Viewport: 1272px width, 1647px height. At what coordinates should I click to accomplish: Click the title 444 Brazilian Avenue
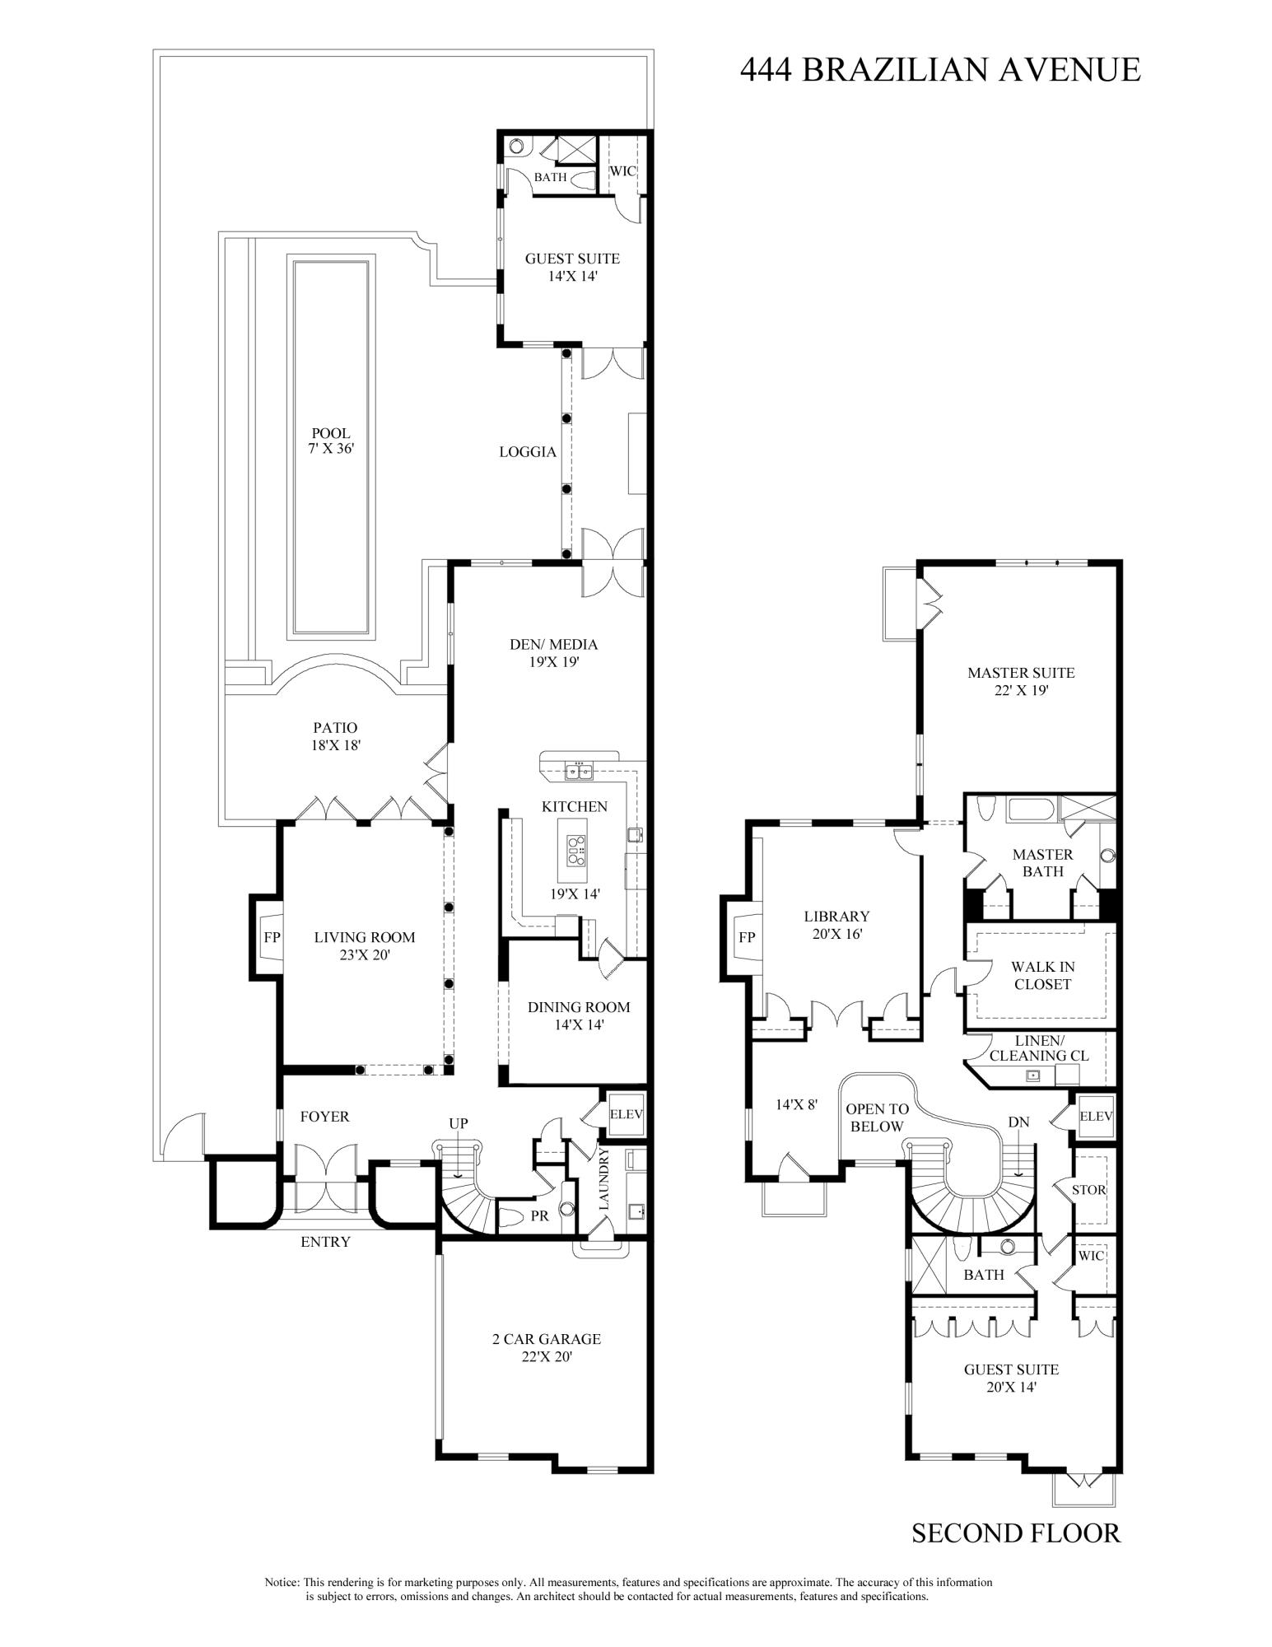click(939, 70)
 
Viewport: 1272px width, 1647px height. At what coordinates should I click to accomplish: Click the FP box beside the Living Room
click(272, 937)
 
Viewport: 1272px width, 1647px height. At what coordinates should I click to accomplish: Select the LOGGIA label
click(528, 452)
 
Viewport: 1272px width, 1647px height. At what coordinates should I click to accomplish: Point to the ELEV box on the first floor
click(626, 1113)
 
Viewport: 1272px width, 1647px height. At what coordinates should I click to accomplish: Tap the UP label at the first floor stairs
click(459, 1123)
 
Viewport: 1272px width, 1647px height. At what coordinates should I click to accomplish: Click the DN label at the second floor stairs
click(1018, 1122)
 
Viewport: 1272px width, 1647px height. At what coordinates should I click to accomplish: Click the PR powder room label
click(539, 1215)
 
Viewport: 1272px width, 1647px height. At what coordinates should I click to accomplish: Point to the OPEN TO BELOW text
click(877, 1118)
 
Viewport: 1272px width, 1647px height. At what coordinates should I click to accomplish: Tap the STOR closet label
click(1088, 1189)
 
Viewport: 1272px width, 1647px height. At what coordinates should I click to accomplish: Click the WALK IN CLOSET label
click(1042, 976)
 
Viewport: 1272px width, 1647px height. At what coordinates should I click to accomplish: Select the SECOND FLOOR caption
click(1016, 1533)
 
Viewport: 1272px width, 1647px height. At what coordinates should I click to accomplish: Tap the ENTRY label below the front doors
click(325, 1242)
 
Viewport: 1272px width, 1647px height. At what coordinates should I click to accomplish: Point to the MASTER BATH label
click(1042, 863)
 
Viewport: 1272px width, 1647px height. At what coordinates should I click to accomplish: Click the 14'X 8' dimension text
click(797, 1105)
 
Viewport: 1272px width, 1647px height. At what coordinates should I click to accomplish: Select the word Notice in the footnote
click(282, 1582)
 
